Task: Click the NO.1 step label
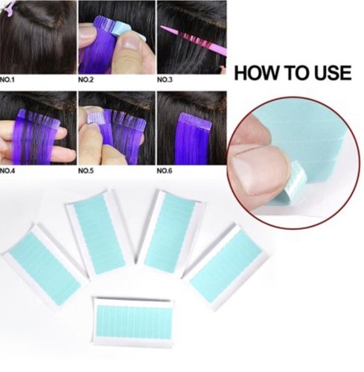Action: (7, 80)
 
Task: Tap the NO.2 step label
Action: (86, 80)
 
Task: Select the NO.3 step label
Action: (165, 80)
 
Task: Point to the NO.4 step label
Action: (7, 171)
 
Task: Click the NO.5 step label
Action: (86, 171)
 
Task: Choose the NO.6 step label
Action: (165, 171)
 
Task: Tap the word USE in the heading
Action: (333, 73)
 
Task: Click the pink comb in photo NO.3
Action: (194, 40)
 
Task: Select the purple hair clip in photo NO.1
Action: (10, 8)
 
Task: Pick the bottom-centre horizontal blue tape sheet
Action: (132, 322)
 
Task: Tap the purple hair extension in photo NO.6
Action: (195, 139)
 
